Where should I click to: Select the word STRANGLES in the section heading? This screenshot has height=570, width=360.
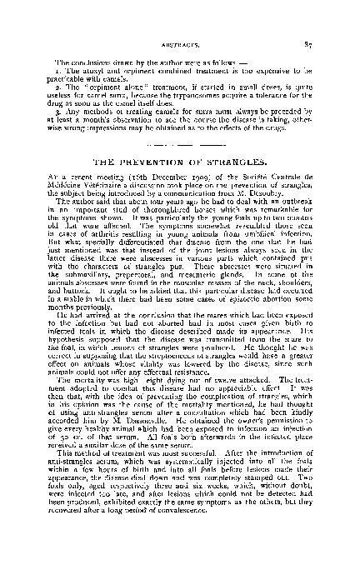coord(246,160)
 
